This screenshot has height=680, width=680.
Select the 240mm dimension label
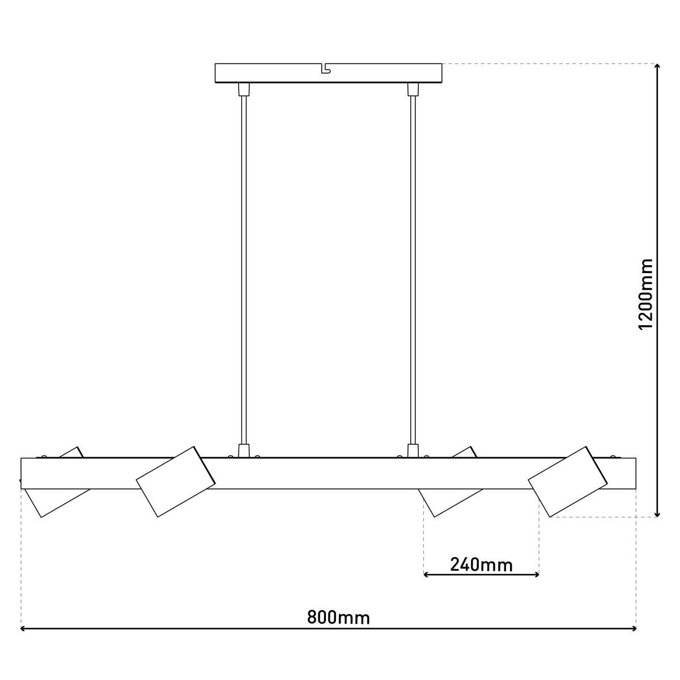(481, 564)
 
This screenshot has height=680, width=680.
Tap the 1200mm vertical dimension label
(645, 294)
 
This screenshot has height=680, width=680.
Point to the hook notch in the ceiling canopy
(325, 69)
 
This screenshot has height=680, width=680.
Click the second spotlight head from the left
(176, 482)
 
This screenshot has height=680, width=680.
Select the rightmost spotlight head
(567, 482)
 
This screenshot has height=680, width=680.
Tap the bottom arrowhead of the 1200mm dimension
(657, 513)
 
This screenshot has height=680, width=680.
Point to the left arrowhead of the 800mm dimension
(24, 628)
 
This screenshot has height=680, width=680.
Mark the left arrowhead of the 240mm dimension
(427, 575)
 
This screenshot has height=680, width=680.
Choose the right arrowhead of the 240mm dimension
(535, 575)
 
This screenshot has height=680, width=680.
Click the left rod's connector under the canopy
(244, 89)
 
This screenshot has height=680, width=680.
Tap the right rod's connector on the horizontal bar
(413, 450)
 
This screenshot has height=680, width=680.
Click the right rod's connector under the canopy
(413, 89)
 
